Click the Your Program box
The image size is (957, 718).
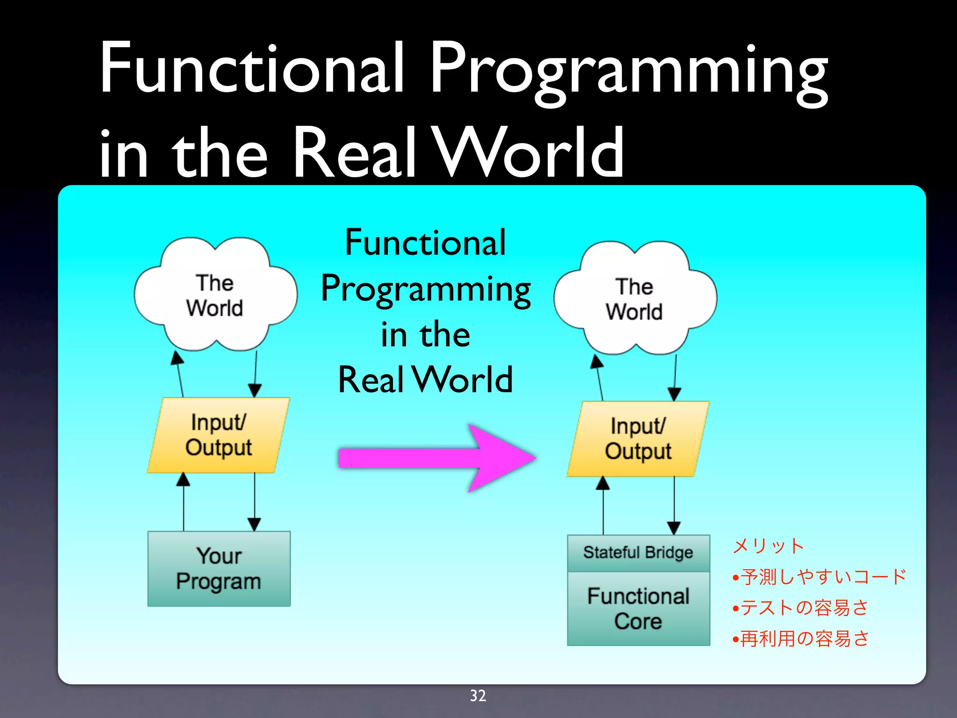coord(219,568)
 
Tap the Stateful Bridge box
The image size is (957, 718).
coord(638,553)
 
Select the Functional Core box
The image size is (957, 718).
coord(638,609)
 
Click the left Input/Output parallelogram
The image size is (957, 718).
coord(219,435)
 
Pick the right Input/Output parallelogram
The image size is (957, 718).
coord(638,439)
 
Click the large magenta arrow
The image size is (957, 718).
coord(437,458)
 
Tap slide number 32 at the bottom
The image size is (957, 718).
coord(478,696)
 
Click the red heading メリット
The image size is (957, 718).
coord(768,546)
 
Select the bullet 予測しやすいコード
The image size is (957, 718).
coord(822,577)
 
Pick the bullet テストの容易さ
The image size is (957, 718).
coord(804,608)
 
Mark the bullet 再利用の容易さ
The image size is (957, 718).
coord(804,639)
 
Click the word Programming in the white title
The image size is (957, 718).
coord(628,70)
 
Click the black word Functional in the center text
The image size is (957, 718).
coord(425,243)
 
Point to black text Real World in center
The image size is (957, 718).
coord(425,380)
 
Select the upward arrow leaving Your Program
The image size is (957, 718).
coord(183,503)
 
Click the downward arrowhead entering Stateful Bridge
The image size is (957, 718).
coord(674,528)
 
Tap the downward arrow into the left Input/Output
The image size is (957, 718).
coord(255,374)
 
